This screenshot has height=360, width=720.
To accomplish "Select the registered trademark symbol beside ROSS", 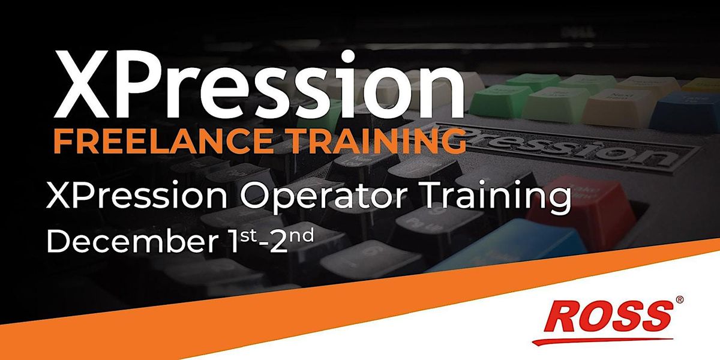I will (679, 298).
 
